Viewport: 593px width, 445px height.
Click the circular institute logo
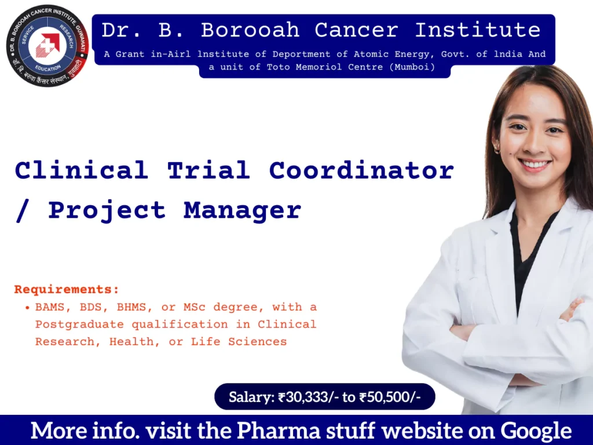[x=46, y=46]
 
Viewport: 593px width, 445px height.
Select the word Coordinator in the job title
[x=361, y=170]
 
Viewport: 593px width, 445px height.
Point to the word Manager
[x=243, y=210]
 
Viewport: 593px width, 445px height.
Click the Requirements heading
[x=67, y=289]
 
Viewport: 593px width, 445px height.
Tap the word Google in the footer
[x=536, y=431]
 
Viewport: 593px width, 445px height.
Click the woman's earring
[x=497, y=150]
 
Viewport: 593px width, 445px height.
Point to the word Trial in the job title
[x=208, y=170]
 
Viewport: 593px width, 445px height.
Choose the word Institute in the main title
[x=478, y=30]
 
